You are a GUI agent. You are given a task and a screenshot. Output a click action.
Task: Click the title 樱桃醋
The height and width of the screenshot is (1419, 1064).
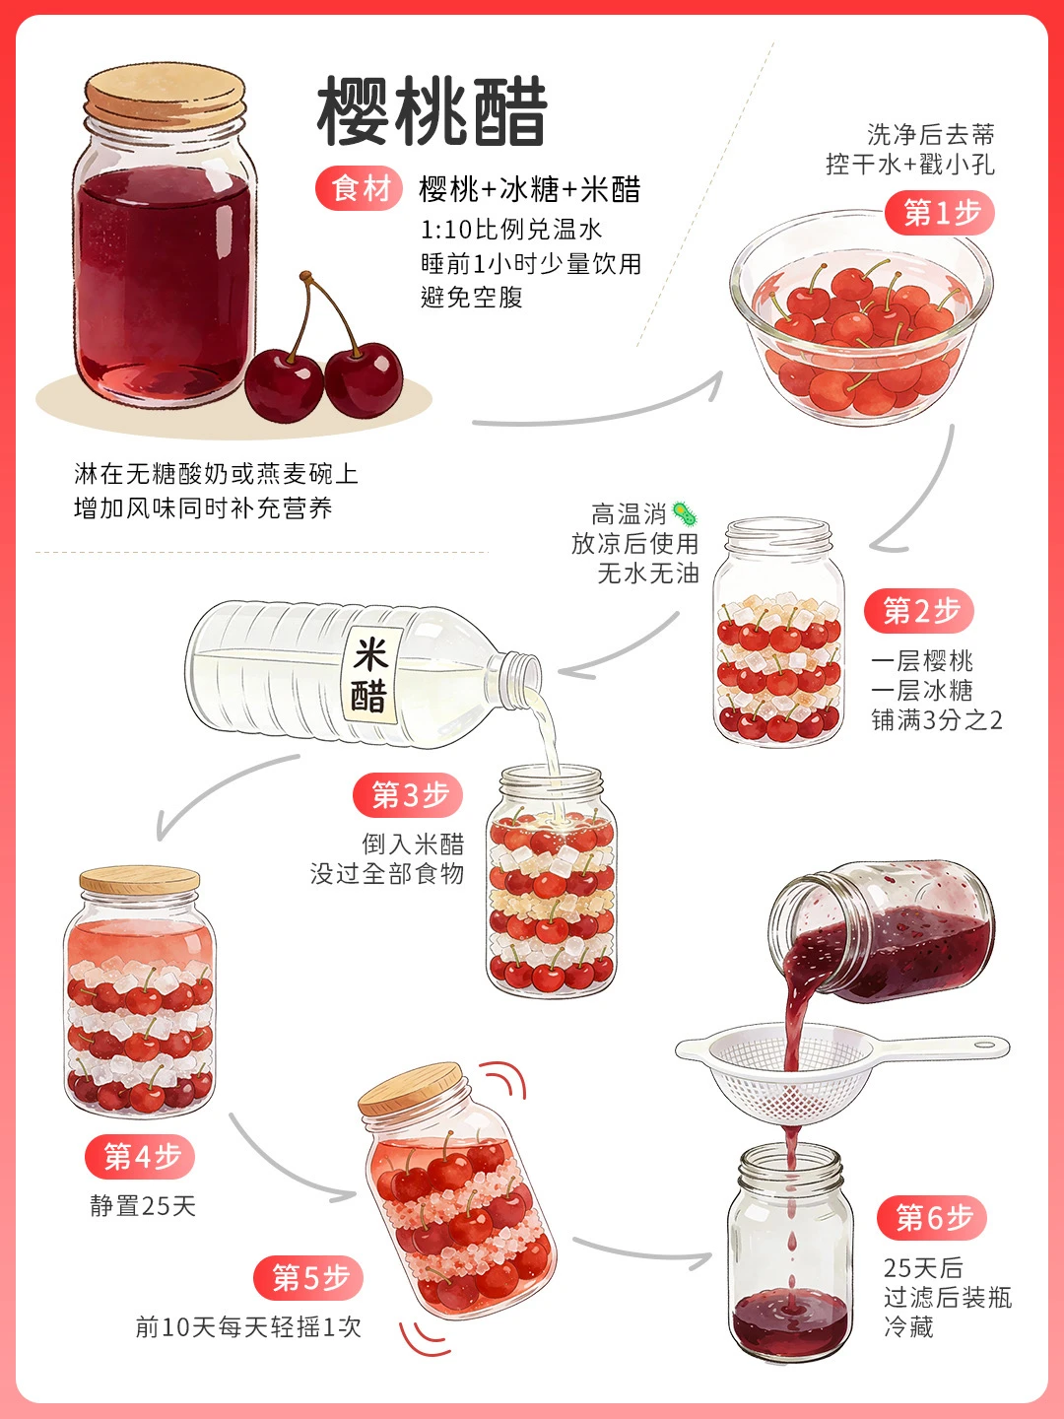[432, 111]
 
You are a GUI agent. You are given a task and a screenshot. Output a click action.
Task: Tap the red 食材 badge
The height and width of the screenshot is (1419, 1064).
[360, 189]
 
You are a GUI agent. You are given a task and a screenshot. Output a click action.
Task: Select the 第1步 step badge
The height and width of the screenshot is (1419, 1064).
[940, 213]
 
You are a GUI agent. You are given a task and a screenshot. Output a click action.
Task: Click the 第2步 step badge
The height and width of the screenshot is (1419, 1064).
[919, 611]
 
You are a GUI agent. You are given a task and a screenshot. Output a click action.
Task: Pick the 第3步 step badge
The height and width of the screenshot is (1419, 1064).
[408, 794]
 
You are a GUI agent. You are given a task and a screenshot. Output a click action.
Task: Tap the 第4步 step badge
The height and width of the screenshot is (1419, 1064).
[140, 1157]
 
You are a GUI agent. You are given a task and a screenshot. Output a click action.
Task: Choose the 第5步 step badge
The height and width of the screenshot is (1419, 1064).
[308, 1278]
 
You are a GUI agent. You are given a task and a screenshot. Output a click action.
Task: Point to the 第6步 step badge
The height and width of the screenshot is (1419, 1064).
[932, 1218]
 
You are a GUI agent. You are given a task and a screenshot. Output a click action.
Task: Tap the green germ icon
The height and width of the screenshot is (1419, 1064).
[685, 512]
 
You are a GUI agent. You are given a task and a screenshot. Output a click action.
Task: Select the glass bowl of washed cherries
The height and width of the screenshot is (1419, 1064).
[861, 318]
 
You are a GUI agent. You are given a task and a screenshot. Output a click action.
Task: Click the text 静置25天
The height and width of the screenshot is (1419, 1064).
[143, 1206]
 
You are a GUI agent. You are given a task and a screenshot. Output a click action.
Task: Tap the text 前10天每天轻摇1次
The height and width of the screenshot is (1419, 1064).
[248, 1327]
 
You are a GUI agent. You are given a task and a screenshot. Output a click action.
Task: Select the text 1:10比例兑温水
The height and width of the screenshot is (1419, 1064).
[511, 230]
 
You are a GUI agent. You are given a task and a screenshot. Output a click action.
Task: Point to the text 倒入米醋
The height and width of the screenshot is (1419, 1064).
[413, 844]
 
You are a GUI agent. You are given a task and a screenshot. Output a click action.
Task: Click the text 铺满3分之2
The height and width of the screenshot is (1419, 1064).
[937, 720]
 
